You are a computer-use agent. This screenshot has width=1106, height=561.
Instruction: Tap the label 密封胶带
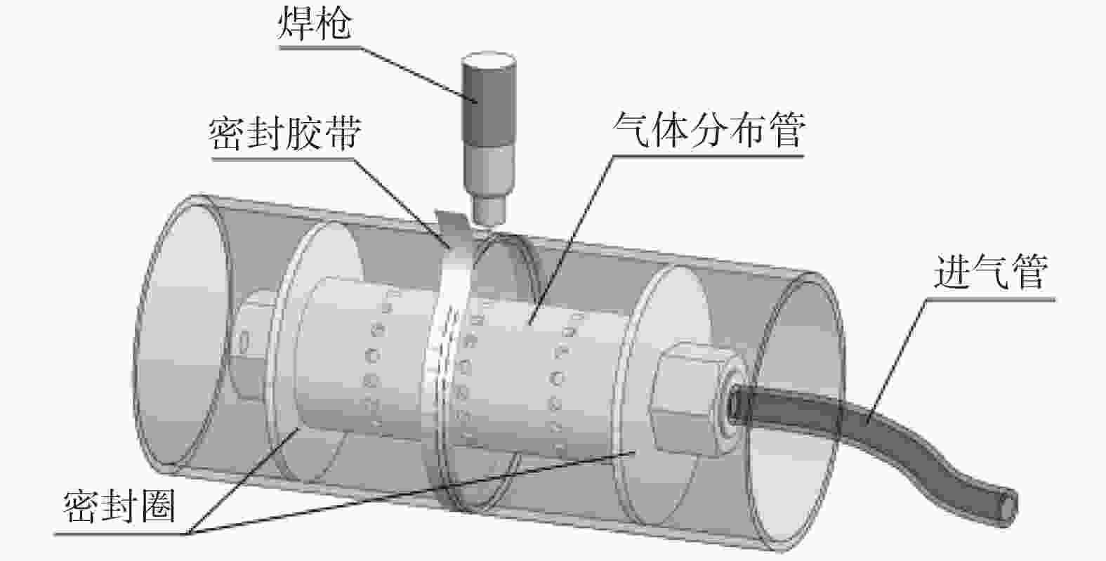[284, 133]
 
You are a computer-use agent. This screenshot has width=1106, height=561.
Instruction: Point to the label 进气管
[990, 272]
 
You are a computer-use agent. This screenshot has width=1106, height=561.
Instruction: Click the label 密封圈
[119, 507]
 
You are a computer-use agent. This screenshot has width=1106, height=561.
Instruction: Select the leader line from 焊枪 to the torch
[414, 73]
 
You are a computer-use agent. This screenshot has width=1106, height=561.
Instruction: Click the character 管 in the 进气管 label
[1027, 272]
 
